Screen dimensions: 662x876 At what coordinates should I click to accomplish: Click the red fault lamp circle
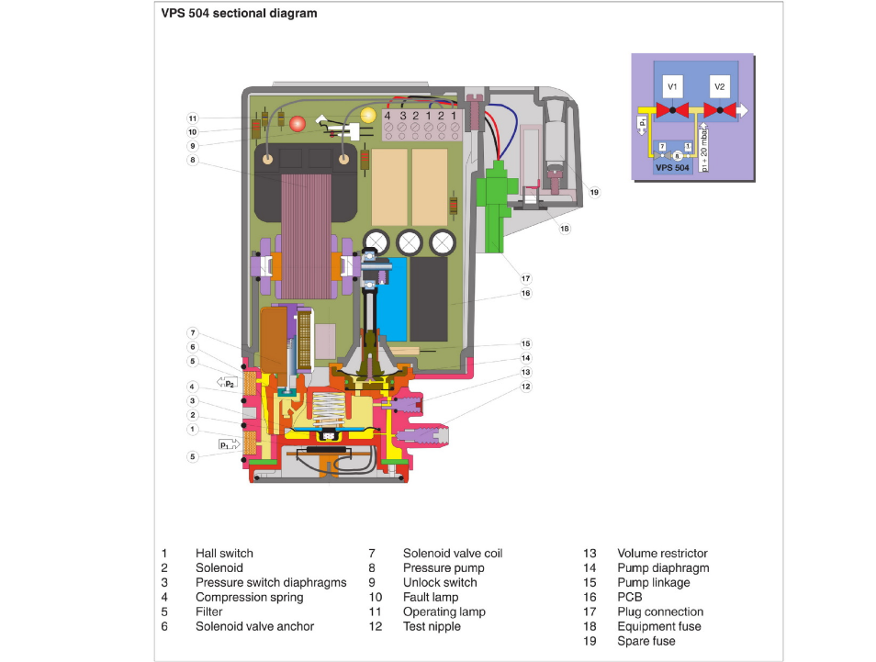(x=297, y=123)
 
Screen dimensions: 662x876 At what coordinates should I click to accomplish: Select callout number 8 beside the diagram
(x=192, y=160)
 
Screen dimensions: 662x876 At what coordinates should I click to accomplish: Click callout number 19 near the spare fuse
(x=594, y=193)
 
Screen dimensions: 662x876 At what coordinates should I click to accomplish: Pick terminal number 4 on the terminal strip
(x=388, y=117)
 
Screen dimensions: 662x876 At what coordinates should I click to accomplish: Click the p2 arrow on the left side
(x=228, y=382)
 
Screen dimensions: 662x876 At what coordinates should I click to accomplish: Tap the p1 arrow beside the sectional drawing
(x=228, y=444)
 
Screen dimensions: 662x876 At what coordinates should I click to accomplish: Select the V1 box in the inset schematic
(x=673, y=87)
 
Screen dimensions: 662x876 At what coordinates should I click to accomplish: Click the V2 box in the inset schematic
(x=720, y=87)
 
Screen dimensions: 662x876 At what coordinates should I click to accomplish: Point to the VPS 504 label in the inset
(x=672, y=168)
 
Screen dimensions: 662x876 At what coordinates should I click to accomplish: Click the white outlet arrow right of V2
(x=741, y=110)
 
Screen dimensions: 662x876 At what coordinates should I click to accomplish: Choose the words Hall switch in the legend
(x=224, y=554)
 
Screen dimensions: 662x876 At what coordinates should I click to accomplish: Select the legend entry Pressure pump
(x=431, y=568)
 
